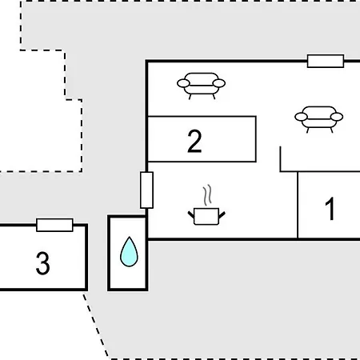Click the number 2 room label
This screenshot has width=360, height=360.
(x=194, y=142)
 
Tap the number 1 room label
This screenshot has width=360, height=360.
(x=330, y=209)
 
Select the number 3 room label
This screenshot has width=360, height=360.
(x=42, y=263)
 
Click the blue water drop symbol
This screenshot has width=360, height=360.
(x=129, y=252)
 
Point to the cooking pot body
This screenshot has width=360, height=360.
(x=206, y=217)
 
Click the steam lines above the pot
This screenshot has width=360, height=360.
(x=207, y=195)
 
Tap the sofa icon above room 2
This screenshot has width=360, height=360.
(x=201, y=86)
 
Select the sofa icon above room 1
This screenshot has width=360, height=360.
(x=319, y=119)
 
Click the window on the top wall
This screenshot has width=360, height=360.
(x=326, y=61)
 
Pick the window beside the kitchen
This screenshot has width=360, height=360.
(x=146, y=190)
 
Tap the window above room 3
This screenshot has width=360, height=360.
(x=54, y=226)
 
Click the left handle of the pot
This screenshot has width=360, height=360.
(x=191, y=214)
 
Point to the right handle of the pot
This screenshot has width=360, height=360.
(x=222, y=214)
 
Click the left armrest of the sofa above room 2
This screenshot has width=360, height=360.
(x=183, y=83)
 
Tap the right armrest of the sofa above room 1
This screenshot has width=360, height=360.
(x=337, y=117)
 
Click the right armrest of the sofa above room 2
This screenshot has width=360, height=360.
(x=219, y=83)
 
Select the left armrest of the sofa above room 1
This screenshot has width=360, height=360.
(x=302, y=117)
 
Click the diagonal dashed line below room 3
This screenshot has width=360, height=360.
(x=96, y=325)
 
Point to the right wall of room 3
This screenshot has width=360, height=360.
(x=86, y=258)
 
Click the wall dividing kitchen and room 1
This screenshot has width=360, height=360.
(x=298, y=205)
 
